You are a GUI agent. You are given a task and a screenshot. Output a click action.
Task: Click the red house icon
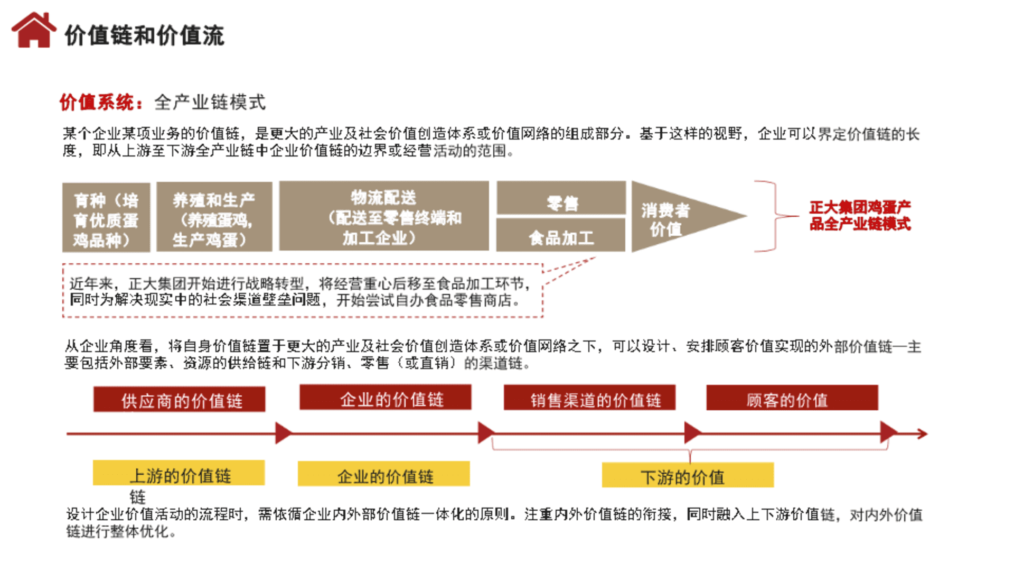click(34, 31)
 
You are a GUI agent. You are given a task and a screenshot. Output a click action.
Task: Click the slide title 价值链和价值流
click(144, 36)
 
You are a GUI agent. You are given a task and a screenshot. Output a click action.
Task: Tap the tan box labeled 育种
click(106, 217)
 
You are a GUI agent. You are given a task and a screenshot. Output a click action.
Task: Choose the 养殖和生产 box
click(214, 217)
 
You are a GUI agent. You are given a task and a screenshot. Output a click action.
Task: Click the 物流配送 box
click(384, 216)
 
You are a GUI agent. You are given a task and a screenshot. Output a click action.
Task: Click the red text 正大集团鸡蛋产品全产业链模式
click(859, 215)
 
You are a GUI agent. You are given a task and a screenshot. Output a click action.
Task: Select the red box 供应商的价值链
click(180, 400)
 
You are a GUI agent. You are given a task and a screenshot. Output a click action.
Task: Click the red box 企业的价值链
click(385, 398)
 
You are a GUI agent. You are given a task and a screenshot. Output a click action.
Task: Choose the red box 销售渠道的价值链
click(589, 398)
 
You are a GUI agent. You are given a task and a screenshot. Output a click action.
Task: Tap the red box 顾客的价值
click(792, 398)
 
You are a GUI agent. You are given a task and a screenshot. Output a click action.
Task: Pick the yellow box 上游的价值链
click(179, 473)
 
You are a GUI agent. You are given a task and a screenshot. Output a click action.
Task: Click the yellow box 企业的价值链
click(383, 474)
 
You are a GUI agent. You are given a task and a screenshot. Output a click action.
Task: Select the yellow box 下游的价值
click(688, 475)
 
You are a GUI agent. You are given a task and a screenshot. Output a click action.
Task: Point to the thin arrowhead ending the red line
click(923, 434)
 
